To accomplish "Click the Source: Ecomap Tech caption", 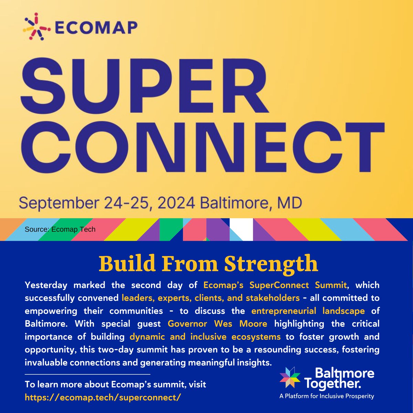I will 60,229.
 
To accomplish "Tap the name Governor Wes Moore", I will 218,324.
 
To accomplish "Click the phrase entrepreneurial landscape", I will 308,311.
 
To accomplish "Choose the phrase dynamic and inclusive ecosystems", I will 205,337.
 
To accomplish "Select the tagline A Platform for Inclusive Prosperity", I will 327,396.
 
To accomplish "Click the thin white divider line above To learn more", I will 88,374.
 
